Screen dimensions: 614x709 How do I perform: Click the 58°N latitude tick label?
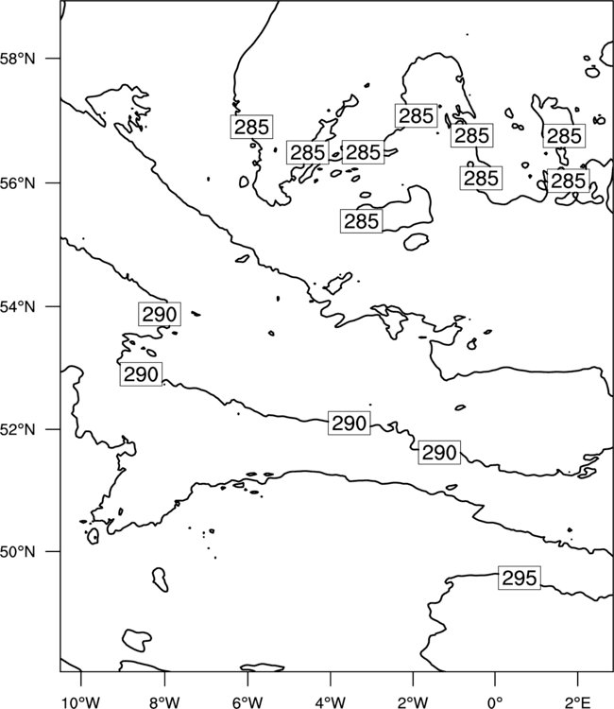point(18,59)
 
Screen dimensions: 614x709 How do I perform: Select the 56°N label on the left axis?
point(18,183)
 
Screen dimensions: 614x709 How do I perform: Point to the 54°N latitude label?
point(18,307)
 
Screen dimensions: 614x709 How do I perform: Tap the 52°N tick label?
point(18,429)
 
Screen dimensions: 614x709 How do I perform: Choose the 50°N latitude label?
point(18,552)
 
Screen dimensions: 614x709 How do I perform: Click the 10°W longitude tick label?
point(80,702)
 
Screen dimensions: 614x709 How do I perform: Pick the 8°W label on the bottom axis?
point(164,702)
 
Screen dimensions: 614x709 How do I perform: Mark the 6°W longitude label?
point(247,702)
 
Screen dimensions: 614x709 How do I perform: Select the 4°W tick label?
point(330,702)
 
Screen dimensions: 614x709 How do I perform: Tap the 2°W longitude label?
point(413,702)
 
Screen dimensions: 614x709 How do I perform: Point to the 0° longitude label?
point(495,702)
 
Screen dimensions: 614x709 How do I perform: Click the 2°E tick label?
point(577,702)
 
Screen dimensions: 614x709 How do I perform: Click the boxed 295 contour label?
point(520,578)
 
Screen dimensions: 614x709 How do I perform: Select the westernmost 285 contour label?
point(251,127)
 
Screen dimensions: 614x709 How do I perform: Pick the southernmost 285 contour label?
point(361,221)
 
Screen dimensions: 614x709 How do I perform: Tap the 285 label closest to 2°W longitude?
point(417,115)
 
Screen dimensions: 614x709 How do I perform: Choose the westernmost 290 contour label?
point(141,374)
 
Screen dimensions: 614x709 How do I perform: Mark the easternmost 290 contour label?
point(439,452)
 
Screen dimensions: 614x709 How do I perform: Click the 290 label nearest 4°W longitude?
point(350,424)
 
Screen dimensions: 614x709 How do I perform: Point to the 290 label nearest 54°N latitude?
point(160,314)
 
